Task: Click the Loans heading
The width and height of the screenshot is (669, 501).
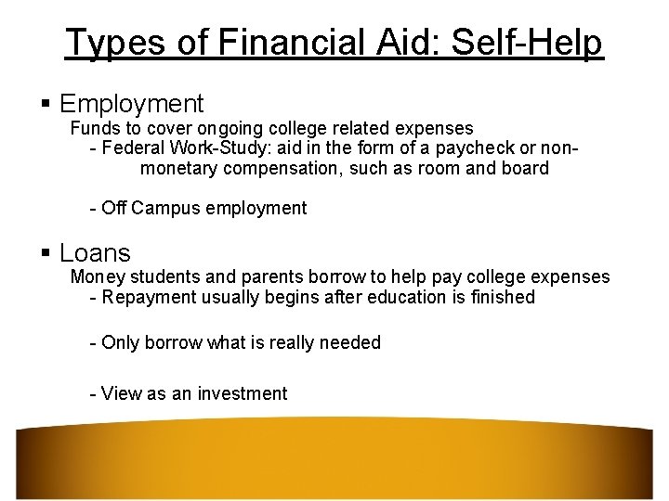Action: pyautogui.click(x=95, y=252)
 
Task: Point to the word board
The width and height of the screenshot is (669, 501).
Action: pyautogui.click(x=526, y=169)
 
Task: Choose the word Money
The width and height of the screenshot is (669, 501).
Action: pyautogui.click(x=98, y=277)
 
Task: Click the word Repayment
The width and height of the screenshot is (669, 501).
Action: pyautogui.click(x=146, y=298)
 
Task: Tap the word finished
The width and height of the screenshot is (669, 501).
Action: pyautogui.click(x=502, y=298)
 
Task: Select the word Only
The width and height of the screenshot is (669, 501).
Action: pyautogui.click(x=120, y=343)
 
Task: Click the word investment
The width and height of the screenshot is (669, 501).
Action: pyautogui.click(x=241, y=393)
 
